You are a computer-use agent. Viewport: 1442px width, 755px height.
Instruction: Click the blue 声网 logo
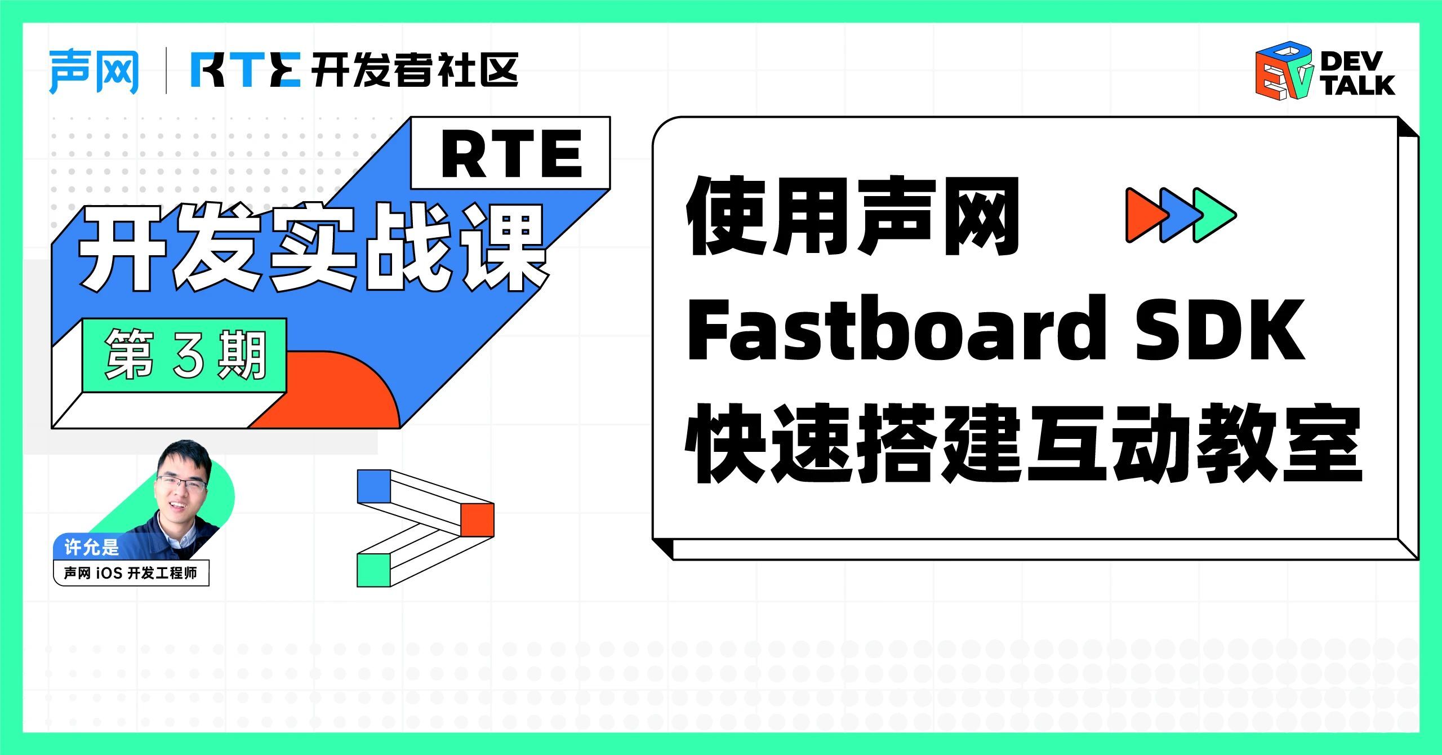94,72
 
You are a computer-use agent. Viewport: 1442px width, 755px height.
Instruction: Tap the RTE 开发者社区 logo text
354,70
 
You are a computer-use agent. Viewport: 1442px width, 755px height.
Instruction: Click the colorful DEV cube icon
1284,71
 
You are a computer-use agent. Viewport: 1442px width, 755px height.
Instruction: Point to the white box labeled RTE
510,153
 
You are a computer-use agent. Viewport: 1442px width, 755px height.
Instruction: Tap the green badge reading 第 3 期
185,356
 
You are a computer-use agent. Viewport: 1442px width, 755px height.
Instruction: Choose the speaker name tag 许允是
92,547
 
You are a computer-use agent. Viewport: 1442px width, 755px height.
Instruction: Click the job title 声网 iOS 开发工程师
131,573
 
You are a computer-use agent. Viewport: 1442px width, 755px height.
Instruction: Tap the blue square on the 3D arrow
374,486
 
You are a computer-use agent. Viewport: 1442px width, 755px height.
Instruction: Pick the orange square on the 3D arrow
477,519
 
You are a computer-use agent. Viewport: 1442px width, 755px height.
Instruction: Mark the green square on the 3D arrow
374,570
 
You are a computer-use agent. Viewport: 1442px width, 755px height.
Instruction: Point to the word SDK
1220,330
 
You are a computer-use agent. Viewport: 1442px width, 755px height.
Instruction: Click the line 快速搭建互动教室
1023,443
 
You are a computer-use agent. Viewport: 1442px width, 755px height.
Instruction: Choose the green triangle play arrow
1214,215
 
